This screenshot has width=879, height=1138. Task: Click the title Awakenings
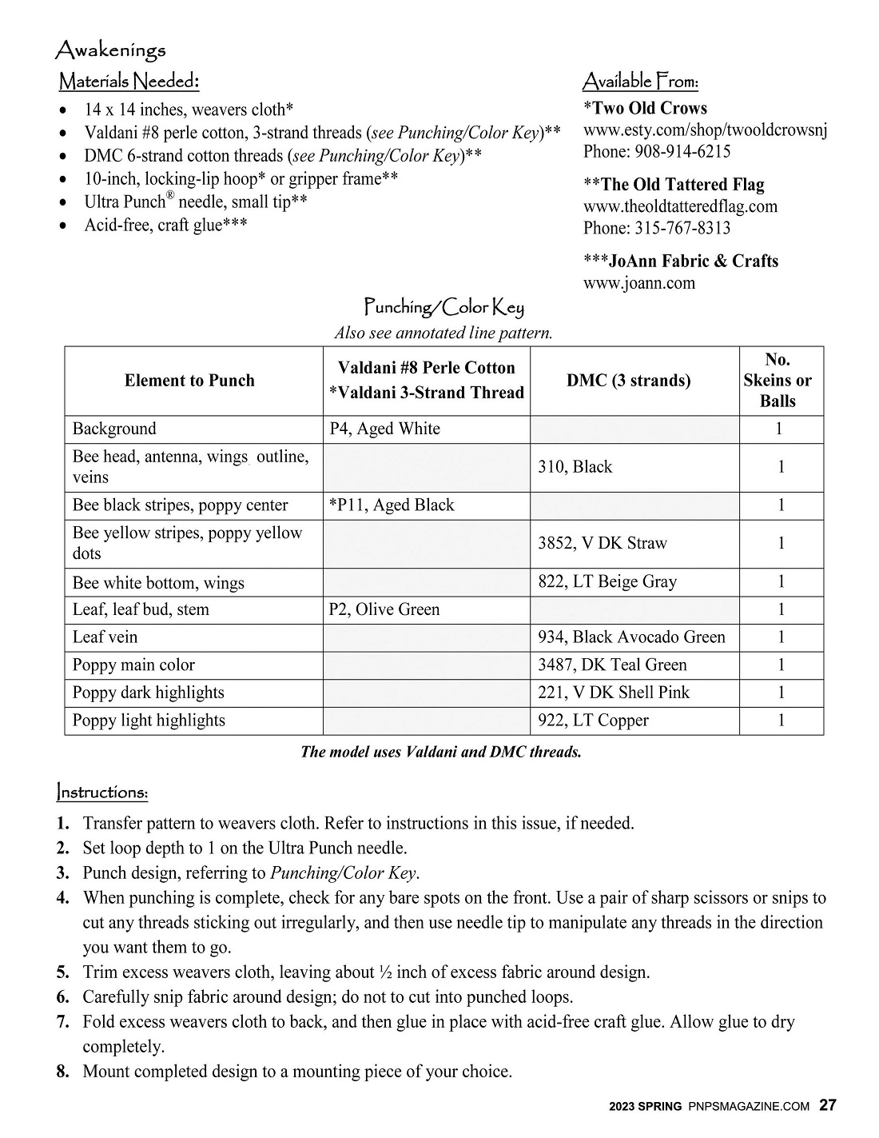point(110,50)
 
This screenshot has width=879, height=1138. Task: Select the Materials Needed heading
point(129,82)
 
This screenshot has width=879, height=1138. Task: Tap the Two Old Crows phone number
point(657,151)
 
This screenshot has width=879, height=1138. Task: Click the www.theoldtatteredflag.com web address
point(680,206)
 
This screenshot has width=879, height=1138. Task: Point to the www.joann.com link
point(639,282)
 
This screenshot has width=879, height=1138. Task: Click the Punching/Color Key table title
point(443,306)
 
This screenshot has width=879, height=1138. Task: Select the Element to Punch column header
point(189,381)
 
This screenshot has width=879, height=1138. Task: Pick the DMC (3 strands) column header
point(629,381)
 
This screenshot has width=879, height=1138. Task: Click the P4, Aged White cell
point(384,429)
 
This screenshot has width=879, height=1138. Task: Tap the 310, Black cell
point(575,467)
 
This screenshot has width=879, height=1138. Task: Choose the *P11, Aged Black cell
point(392,505)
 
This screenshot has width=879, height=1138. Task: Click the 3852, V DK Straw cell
point(602,543)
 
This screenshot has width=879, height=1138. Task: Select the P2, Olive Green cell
point(384,609)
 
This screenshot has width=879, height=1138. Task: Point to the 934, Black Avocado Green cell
point(631,637)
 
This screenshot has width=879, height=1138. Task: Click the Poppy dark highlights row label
point(149,693)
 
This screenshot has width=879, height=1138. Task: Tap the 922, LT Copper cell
point(593,721)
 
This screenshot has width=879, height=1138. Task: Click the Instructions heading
point(102,793)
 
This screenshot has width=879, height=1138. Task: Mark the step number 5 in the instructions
point(63,972)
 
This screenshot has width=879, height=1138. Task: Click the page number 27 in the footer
point(828,1106)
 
